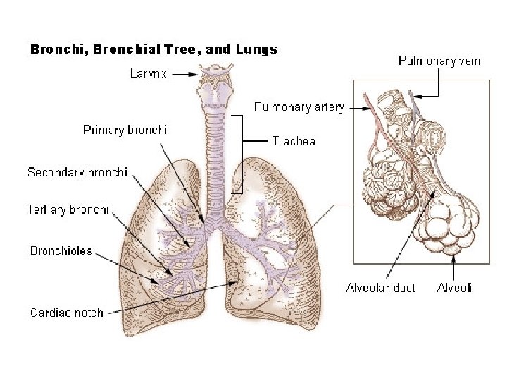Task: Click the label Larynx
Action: pos(149,73)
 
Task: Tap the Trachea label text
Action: pos(294,141)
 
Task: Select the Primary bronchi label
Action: pos(125,130)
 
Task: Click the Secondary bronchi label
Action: pos(77,172)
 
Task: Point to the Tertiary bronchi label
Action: pos(68,210)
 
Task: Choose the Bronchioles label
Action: pos(61,251)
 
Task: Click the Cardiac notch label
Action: pos(66,313)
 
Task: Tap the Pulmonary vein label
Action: pos(439,61)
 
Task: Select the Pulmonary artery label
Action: pos(299,107)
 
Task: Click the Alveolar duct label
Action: pos(380,288)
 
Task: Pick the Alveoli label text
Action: pos(454,288)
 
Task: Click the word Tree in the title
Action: pos(180,49)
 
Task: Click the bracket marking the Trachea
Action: pos(243,152)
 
